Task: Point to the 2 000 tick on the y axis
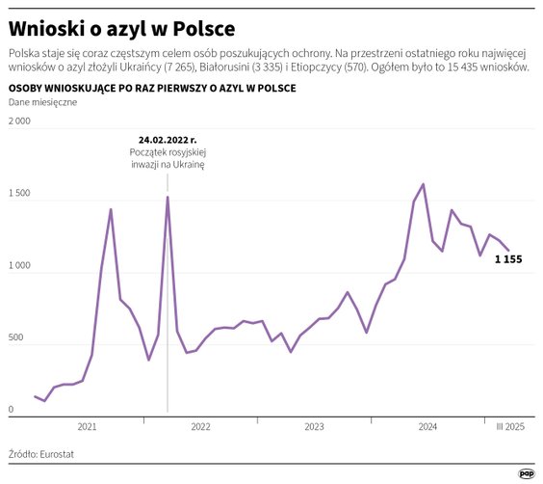19,121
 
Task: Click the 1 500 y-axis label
19,194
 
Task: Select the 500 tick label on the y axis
16,338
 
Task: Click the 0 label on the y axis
11,411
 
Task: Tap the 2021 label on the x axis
87,426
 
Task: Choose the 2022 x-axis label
200,426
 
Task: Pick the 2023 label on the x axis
314,426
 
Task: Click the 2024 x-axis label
427,426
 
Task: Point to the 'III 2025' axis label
510,426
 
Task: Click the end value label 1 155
508,259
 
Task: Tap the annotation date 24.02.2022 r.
168,140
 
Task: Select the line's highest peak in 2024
424,184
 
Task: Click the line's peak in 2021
111,209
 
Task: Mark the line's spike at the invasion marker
168,198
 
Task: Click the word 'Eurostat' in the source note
58,451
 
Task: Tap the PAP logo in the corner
527,472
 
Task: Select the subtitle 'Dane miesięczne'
42,102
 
